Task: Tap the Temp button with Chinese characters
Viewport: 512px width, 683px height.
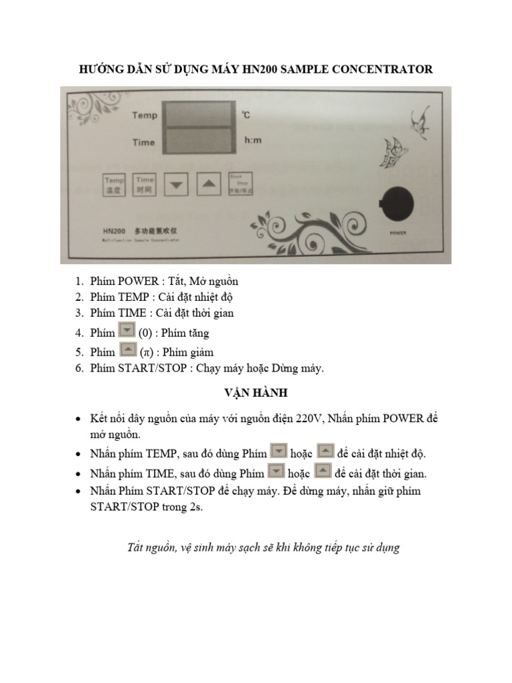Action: (x=114, y=184)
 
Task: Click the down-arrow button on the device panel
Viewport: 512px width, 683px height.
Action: (x=176, y=184)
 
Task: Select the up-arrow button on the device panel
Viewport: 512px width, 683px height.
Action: (x=208, y=184)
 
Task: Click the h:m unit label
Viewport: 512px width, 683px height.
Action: (x=253, y=141)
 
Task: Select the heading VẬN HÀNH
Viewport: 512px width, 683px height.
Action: (x=256, y=393)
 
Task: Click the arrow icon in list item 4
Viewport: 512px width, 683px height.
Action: (x=126, y=331)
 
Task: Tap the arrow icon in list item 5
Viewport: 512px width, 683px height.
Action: (x=126, y=350)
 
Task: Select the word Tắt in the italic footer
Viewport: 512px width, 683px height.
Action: (x=137, y=548)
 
